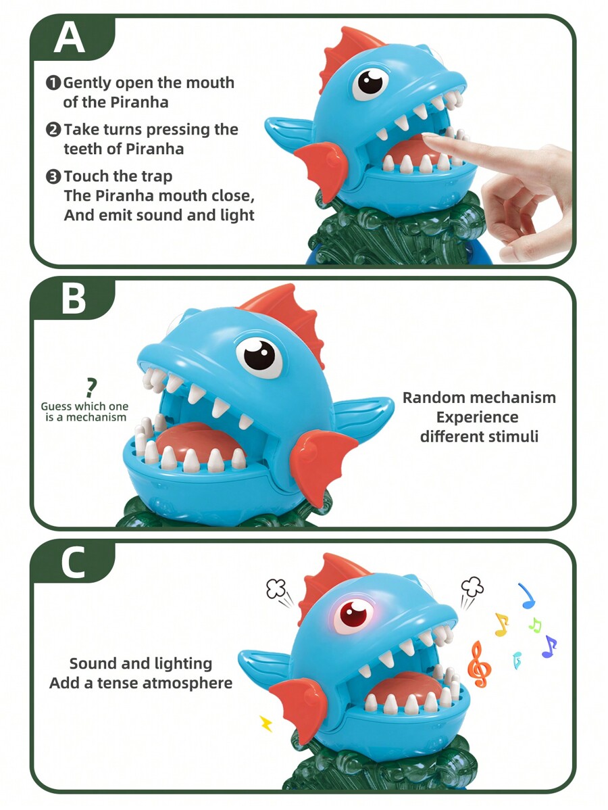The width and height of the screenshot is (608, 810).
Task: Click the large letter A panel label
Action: [x=69, y=38]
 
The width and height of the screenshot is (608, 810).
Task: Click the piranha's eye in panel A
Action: [x=371, y=82]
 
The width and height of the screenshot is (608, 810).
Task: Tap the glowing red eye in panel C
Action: [x=353, y=615]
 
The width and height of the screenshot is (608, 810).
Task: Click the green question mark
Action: [x=91, y=388]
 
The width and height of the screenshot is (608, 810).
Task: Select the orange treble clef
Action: [x=478, y=665]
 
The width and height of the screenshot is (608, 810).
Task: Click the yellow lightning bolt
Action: [x=266, y=723]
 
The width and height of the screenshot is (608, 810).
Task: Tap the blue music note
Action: [x=527, y=596]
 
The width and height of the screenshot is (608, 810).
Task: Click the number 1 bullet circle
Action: [x=53, y=82]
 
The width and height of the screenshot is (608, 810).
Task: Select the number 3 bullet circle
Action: [x=53, y=176]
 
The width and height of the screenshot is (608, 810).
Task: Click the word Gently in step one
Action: [x=86, y=83]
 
